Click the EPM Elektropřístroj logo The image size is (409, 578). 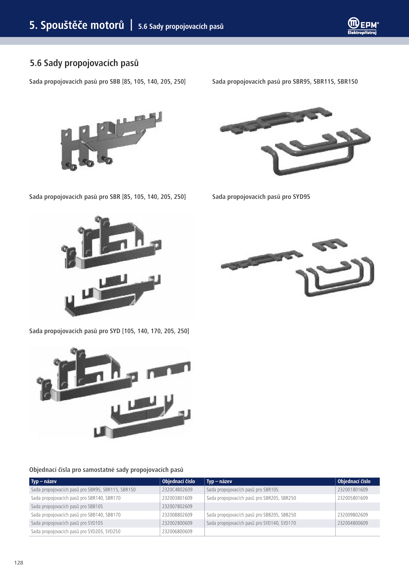363,26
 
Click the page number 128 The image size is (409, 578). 19,562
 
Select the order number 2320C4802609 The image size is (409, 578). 177,490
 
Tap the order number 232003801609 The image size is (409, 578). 177,498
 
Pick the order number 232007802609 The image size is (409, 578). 177,506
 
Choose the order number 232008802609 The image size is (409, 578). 177,515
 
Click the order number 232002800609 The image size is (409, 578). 177,523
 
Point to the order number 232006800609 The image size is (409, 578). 177,532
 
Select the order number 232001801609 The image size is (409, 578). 353,490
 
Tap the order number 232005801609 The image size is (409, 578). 353,498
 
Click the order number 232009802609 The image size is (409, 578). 353,515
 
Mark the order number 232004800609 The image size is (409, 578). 353,523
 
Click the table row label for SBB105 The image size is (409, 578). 67,506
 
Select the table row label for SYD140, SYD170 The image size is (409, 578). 251,523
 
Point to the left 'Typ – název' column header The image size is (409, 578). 44,481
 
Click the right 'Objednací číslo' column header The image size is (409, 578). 354,481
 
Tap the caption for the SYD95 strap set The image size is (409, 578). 261,197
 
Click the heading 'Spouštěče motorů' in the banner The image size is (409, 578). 82,25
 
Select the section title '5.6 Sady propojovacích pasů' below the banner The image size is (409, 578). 84,63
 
